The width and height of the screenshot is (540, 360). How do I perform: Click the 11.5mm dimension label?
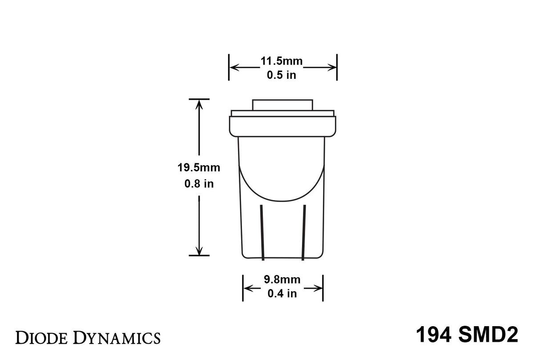282,62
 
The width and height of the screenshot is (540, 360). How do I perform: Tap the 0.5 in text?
282,75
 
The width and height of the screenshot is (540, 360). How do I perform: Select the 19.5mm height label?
199,168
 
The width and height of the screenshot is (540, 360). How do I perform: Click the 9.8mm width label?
282,280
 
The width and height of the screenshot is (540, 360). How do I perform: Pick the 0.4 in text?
282,293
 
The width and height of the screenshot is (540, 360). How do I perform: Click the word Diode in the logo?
40,337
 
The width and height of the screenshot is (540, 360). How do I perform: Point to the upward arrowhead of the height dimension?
199,104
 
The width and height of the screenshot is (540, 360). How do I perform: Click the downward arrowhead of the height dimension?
199,251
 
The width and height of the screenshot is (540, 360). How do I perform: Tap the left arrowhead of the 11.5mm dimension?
234,68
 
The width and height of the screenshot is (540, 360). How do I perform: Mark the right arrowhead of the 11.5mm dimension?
332,68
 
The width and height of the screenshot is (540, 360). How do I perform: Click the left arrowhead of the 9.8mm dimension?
247,288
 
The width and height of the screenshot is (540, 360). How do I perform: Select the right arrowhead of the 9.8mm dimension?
318,288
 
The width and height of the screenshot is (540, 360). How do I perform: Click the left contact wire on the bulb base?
262,233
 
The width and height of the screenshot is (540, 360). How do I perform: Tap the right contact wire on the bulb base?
304,233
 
